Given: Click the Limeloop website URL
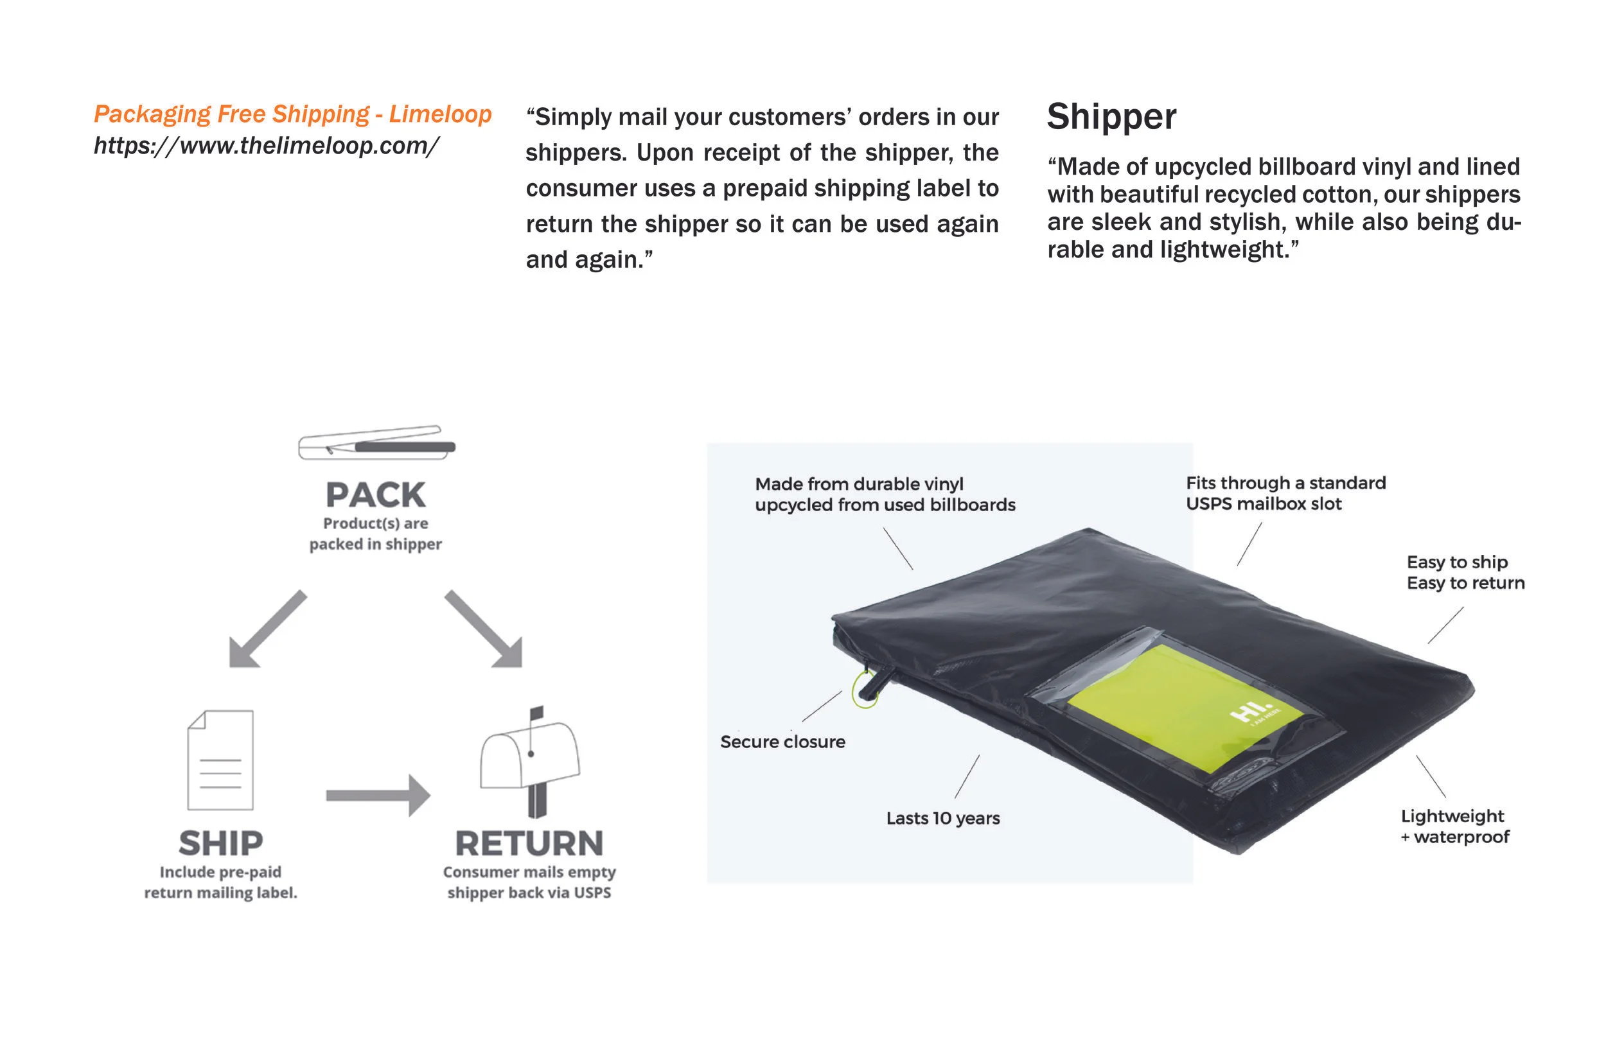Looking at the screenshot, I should pos(267,146).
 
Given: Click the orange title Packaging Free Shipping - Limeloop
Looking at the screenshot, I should pos(292,114).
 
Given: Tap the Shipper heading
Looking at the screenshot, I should pos(1111,117).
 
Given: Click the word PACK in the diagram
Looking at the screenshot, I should pos(375,495).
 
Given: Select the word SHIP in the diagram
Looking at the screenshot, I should pos(220,843).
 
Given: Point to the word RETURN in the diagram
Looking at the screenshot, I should pos(529,843).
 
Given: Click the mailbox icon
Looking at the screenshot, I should pos(529,759).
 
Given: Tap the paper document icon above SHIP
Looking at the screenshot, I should pos(220,760).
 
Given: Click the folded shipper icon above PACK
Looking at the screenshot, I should pos(376,443).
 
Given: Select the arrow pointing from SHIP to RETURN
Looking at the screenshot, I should pos(378,796).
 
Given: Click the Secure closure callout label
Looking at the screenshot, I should pos(782,742).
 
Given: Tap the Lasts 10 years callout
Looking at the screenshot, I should pos(942,818).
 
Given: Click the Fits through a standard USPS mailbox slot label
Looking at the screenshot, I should pos(1285,493).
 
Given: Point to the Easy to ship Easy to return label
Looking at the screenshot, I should pos(1465,572).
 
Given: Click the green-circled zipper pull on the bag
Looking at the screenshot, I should pos(866,688).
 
